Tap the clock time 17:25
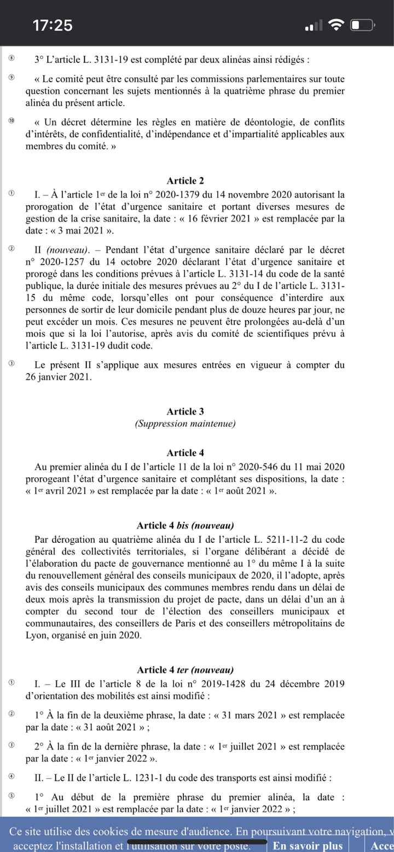pos(53,25)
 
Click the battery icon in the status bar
pos(362,25)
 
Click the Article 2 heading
pos(185,181)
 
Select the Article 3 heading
pos(185,411)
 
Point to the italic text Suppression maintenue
pos(185,424)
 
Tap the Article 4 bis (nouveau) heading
pos(185,526)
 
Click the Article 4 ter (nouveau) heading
pos(185,670)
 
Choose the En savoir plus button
pos(308,845)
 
